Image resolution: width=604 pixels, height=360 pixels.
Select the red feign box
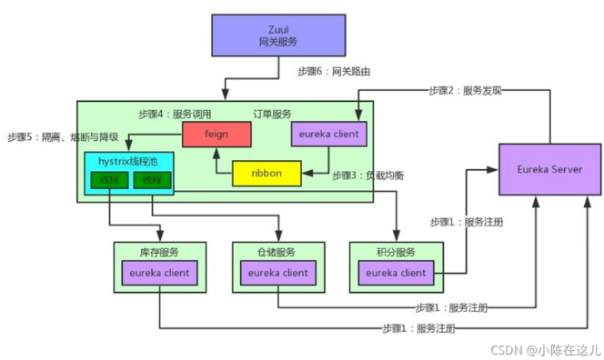pos(216,135)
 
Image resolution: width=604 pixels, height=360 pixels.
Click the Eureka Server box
pos(549,169)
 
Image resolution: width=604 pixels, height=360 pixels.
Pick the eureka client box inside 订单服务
pos(329,135)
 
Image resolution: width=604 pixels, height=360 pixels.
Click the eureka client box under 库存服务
pos(158,272)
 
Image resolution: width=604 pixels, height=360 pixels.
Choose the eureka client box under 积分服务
pos(395,272)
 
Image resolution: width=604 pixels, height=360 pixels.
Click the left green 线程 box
pos(110,182)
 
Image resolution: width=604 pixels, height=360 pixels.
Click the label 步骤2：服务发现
pos(465,90)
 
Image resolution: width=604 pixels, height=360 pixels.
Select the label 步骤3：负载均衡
pos(368,174)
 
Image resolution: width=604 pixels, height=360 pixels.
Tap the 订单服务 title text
pos(273,114)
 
